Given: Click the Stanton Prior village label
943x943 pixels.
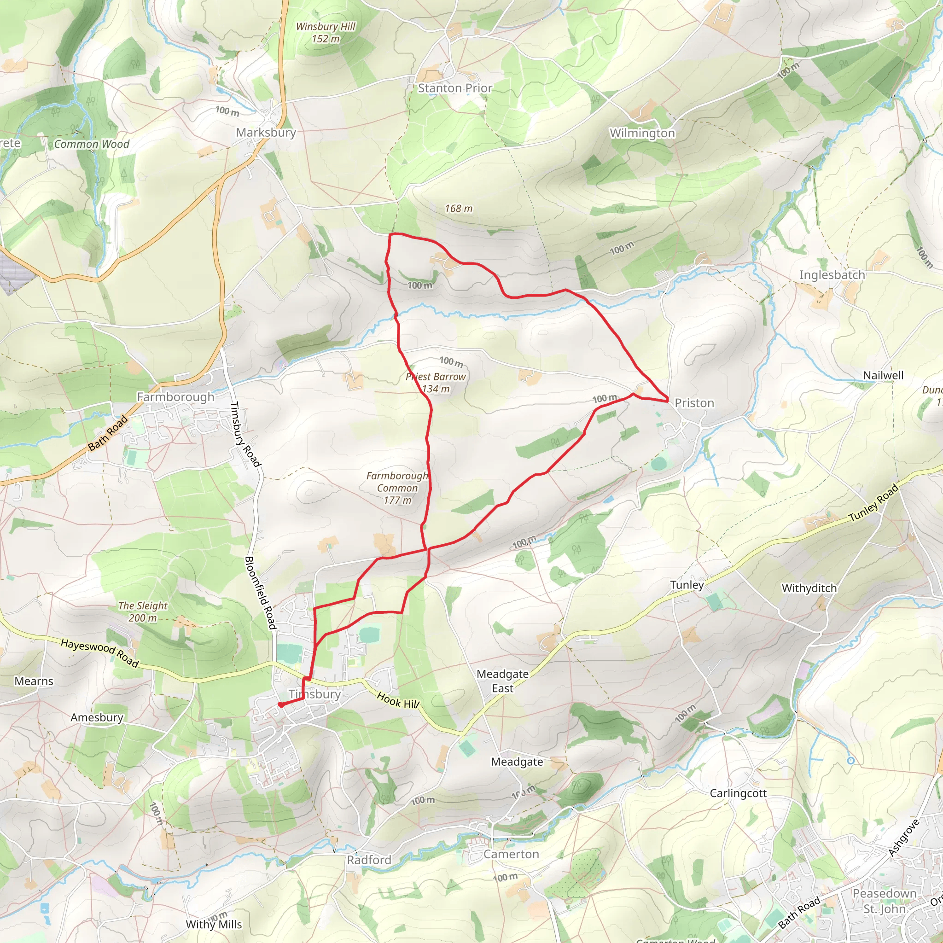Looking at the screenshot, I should tap(455, 88).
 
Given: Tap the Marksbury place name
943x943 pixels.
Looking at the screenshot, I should tap(266, 133).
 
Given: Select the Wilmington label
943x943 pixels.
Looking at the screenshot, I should tap(642, 133).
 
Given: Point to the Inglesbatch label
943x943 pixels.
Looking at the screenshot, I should tap(832, 275).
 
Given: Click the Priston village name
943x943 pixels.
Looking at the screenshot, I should tap(694, 403).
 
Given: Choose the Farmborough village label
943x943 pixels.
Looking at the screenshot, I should tap(175, 397).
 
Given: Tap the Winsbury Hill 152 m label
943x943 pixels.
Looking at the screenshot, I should tap(326, 33).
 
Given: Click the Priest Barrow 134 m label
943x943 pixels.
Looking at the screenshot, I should tap(436, 383).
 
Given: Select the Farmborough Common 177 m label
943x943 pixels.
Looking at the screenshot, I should tap(397, 488).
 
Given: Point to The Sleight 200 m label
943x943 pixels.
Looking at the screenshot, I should tap(143, 611).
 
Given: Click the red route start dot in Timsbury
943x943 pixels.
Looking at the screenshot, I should tap(281, 704).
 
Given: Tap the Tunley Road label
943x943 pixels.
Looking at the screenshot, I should tap(873, 504).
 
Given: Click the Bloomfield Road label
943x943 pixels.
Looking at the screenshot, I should tap(260, 593).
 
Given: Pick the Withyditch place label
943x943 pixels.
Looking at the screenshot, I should tap(809, 588).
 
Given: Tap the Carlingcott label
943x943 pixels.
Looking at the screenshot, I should tap(738, 793).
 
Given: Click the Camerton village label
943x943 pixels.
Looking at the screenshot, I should tap(511, 854).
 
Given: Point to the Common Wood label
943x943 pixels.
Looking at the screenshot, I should tap(91, 145).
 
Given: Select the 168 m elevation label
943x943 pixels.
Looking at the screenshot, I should tap(458, 209).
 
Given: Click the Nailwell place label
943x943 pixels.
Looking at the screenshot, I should tap(883, 375).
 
